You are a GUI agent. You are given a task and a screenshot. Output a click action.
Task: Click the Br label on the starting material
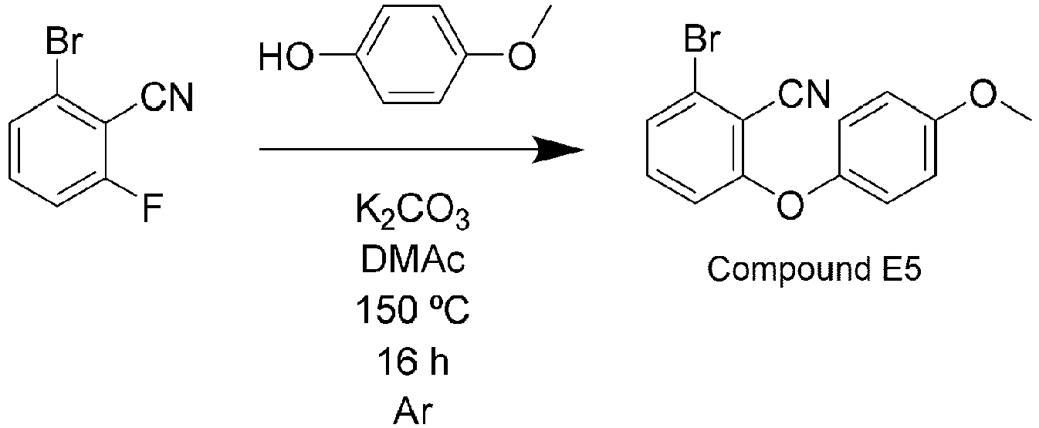click(x=64, y=42)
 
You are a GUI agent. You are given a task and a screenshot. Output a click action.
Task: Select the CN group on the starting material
click(x=167, y=97)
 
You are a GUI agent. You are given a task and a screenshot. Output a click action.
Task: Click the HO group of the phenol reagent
click(x=286, y=57)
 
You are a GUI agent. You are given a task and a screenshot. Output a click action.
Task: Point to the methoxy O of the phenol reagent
click(x=522, y=56)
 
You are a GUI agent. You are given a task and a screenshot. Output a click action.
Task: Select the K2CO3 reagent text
click(x=412, y=211)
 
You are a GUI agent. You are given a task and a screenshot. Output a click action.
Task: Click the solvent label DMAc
click(x=412, y=261)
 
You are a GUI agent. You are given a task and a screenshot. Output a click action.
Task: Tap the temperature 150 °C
click(x=412, y=309)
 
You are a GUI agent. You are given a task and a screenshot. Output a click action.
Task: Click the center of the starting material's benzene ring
click(x=58, y=150)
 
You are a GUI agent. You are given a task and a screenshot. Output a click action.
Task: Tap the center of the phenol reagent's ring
click(x=411, y=55)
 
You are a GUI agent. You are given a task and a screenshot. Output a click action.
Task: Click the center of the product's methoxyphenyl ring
click(x=886, y=147)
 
